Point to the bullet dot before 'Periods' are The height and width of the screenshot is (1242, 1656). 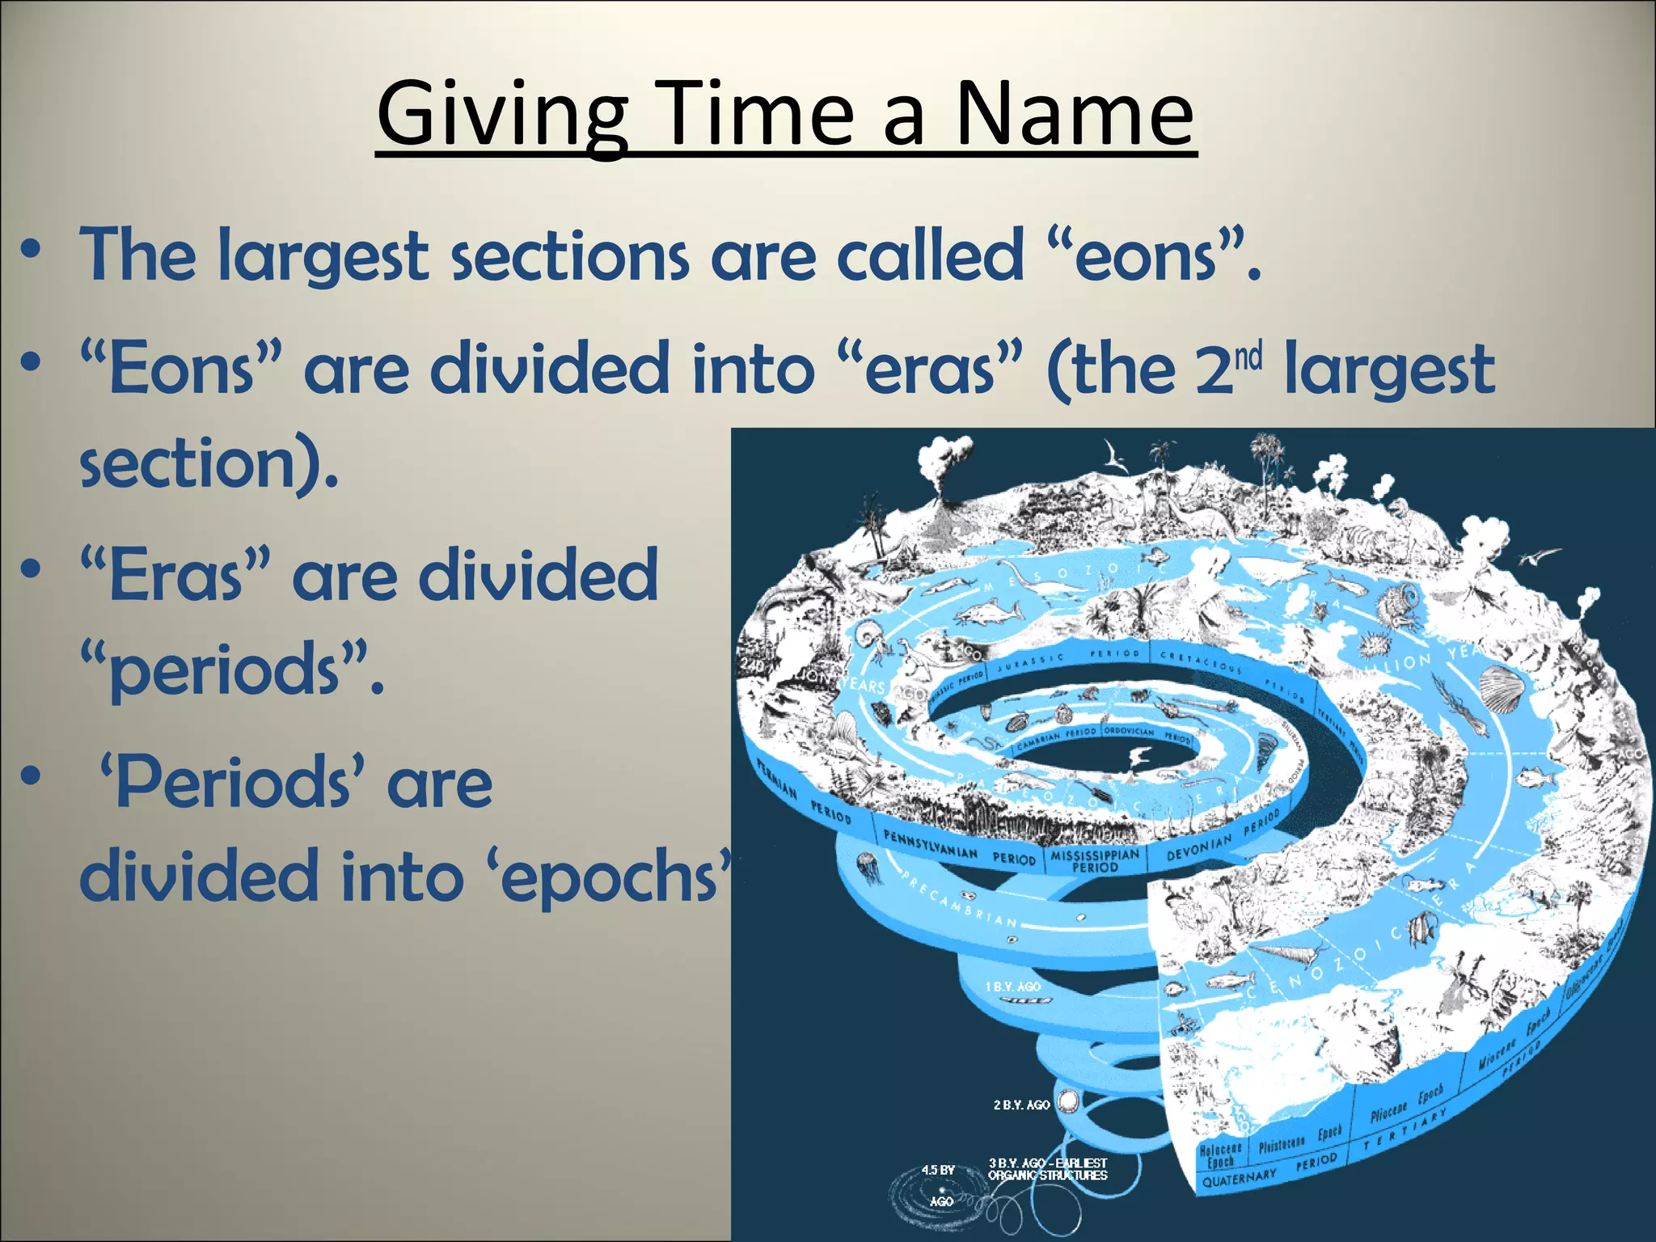31,777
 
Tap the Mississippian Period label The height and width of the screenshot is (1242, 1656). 1095,860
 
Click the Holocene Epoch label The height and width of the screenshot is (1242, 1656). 1221,1155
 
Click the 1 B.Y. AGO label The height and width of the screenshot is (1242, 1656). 1012,986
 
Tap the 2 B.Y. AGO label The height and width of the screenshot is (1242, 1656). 1021,1105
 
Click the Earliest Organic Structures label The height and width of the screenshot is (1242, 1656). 1047,1169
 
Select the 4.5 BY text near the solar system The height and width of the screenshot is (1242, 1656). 938,1170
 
